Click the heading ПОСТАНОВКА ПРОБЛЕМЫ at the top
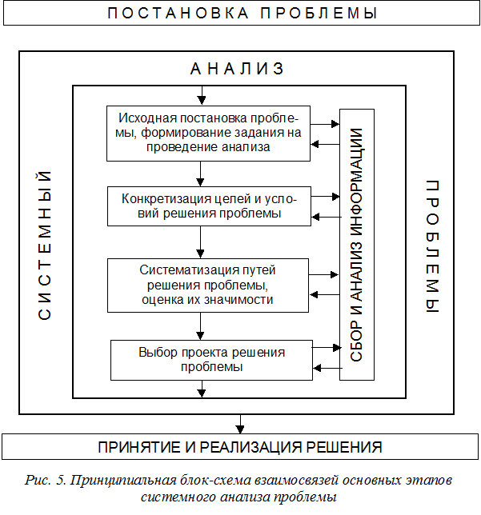coord(240,14)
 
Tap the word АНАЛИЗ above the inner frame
coord(237,69)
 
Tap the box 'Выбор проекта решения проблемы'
coord(211,359)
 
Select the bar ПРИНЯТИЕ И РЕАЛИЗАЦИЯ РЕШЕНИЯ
coord(240,446)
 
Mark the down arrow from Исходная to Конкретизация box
coord(201,174)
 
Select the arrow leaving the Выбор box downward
coord(201,388)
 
